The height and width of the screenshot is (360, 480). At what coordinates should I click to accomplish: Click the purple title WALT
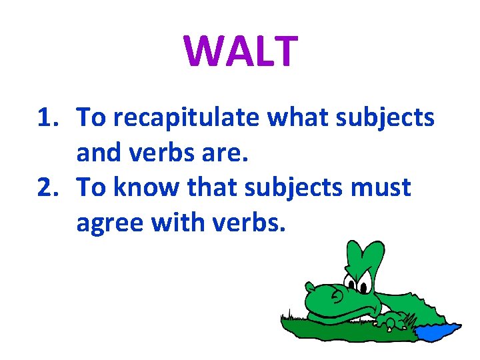click(240, 51)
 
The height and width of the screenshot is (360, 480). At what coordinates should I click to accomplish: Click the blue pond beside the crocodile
click(436, 331)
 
